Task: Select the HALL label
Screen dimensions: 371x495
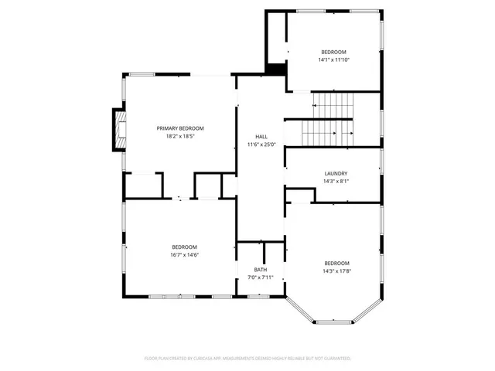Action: pyautogui.click(x=261, y=136)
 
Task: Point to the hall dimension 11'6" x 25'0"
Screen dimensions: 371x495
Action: pyautogui.click(x=261, y=145)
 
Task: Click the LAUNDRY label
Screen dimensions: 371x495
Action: pyautogui.click(x=336, y=174)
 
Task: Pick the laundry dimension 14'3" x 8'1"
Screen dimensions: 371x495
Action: pyautogui.click(x=336, y=182)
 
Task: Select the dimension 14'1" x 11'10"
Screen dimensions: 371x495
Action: pyautogui.click(x=335, y=60)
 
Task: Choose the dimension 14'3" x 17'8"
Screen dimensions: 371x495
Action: pyautogui.click(x=336, y=271)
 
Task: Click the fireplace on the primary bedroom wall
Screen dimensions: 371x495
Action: pyautogui.click(x=118, y=129)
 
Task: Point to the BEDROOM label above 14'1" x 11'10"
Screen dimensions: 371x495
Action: pyautogui.click(x=335, y=52)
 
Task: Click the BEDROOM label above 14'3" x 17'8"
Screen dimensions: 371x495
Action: pyautogui.click(x=336, y=262)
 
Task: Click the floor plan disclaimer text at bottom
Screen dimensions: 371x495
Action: pyautogui.click(x=247, y=359)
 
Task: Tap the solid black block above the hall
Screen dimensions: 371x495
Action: pyautogui.click(x=275, y=69)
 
